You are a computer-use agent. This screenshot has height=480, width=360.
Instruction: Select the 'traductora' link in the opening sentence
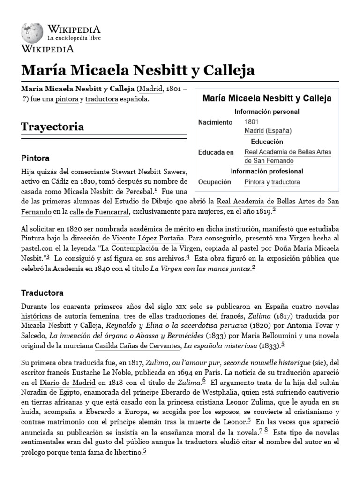click(102, 99)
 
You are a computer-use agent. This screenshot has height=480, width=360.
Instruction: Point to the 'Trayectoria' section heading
click(53, 127)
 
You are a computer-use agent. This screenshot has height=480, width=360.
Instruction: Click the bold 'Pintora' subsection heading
click(35, 158)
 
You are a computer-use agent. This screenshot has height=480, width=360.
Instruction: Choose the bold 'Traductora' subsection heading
click(42, 293)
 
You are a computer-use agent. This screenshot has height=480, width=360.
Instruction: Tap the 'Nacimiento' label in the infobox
click(215, 122)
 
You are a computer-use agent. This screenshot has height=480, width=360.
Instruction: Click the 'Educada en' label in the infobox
click(216, 152)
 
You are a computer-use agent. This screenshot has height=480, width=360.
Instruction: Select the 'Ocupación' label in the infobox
click(215, 182)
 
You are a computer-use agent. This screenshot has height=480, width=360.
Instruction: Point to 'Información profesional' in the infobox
click(267, 171)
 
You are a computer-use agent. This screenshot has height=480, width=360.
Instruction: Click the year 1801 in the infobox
click(252, 122)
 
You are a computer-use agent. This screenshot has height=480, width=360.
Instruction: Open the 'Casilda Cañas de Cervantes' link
click(137, 345)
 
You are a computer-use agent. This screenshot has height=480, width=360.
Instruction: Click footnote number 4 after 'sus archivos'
click(187, 256)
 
